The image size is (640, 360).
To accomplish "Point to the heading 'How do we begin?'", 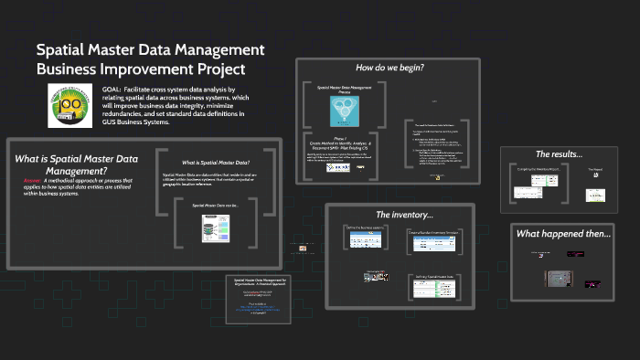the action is click(389, 68).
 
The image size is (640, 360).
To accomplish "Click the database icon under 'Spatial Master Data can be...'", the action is click(214, 228).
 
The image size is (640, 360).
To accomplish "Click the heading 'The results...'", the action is click(558, 154).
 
